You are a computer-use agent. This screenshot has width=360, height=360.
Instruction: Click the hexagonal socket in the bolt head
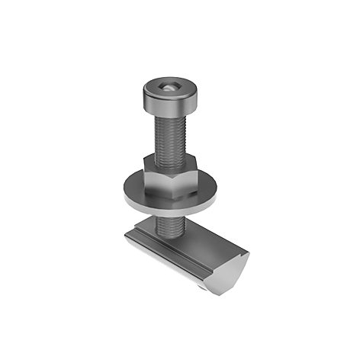[169, 88]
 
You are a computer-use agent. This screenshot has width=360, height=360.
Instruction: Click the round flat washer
[206, 191]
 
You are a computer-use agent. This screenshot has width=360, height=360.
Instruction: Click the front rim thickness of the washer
[172, 208]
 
